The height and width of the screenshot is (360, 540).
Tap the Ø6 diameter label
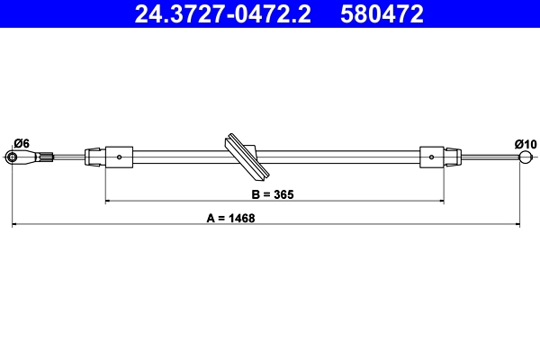[x=22, y=143]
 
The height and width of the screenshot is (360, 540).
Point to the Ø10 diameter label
[x=526, y=143]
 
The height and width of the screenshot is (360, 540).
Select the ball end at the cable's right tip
[x=526, y=158]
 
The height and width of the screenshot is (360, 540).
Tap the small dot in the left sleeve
[x=120, y=157]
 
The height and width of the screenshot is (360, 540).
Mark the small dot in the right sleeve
[x=433, y=157]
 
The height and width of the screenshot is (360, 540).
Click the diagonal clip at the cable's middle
[x=244, y=157]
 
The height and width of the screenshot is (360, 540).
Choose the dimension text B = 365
[x=273, y=193]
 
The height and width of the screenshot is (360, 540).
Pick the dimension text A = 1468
[x=230, y=217]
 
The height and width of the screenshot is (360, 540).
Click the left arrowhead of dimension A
[x=15, y=225]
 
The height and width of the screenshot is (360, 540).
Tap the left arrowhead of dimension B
[x=110, y=202]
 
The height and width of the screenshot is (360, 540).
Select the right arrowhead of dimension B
[x=440, y=202]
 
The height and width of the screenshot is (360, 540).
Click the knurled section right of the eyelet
[x=45, y=158]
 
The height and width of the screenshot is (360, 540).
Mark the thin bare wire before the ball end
[x=490, y=158]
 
